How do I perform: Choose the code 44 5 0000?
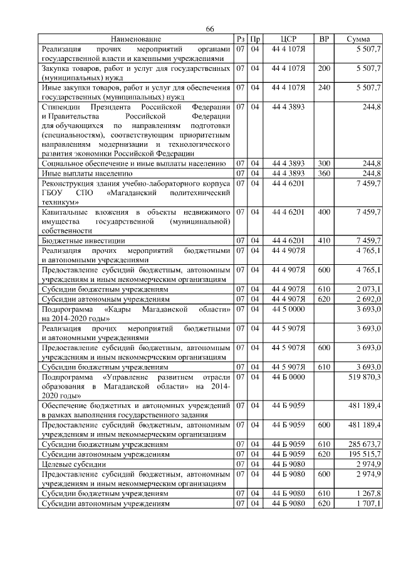tap(288, 309)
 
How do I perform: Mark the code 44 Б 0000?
tap(288, 377)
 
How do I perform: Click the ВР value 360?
tap(324, 173)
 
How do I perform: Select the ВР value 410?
tap(324, 240)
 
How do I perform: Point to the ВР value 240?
tap(324, 87)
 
